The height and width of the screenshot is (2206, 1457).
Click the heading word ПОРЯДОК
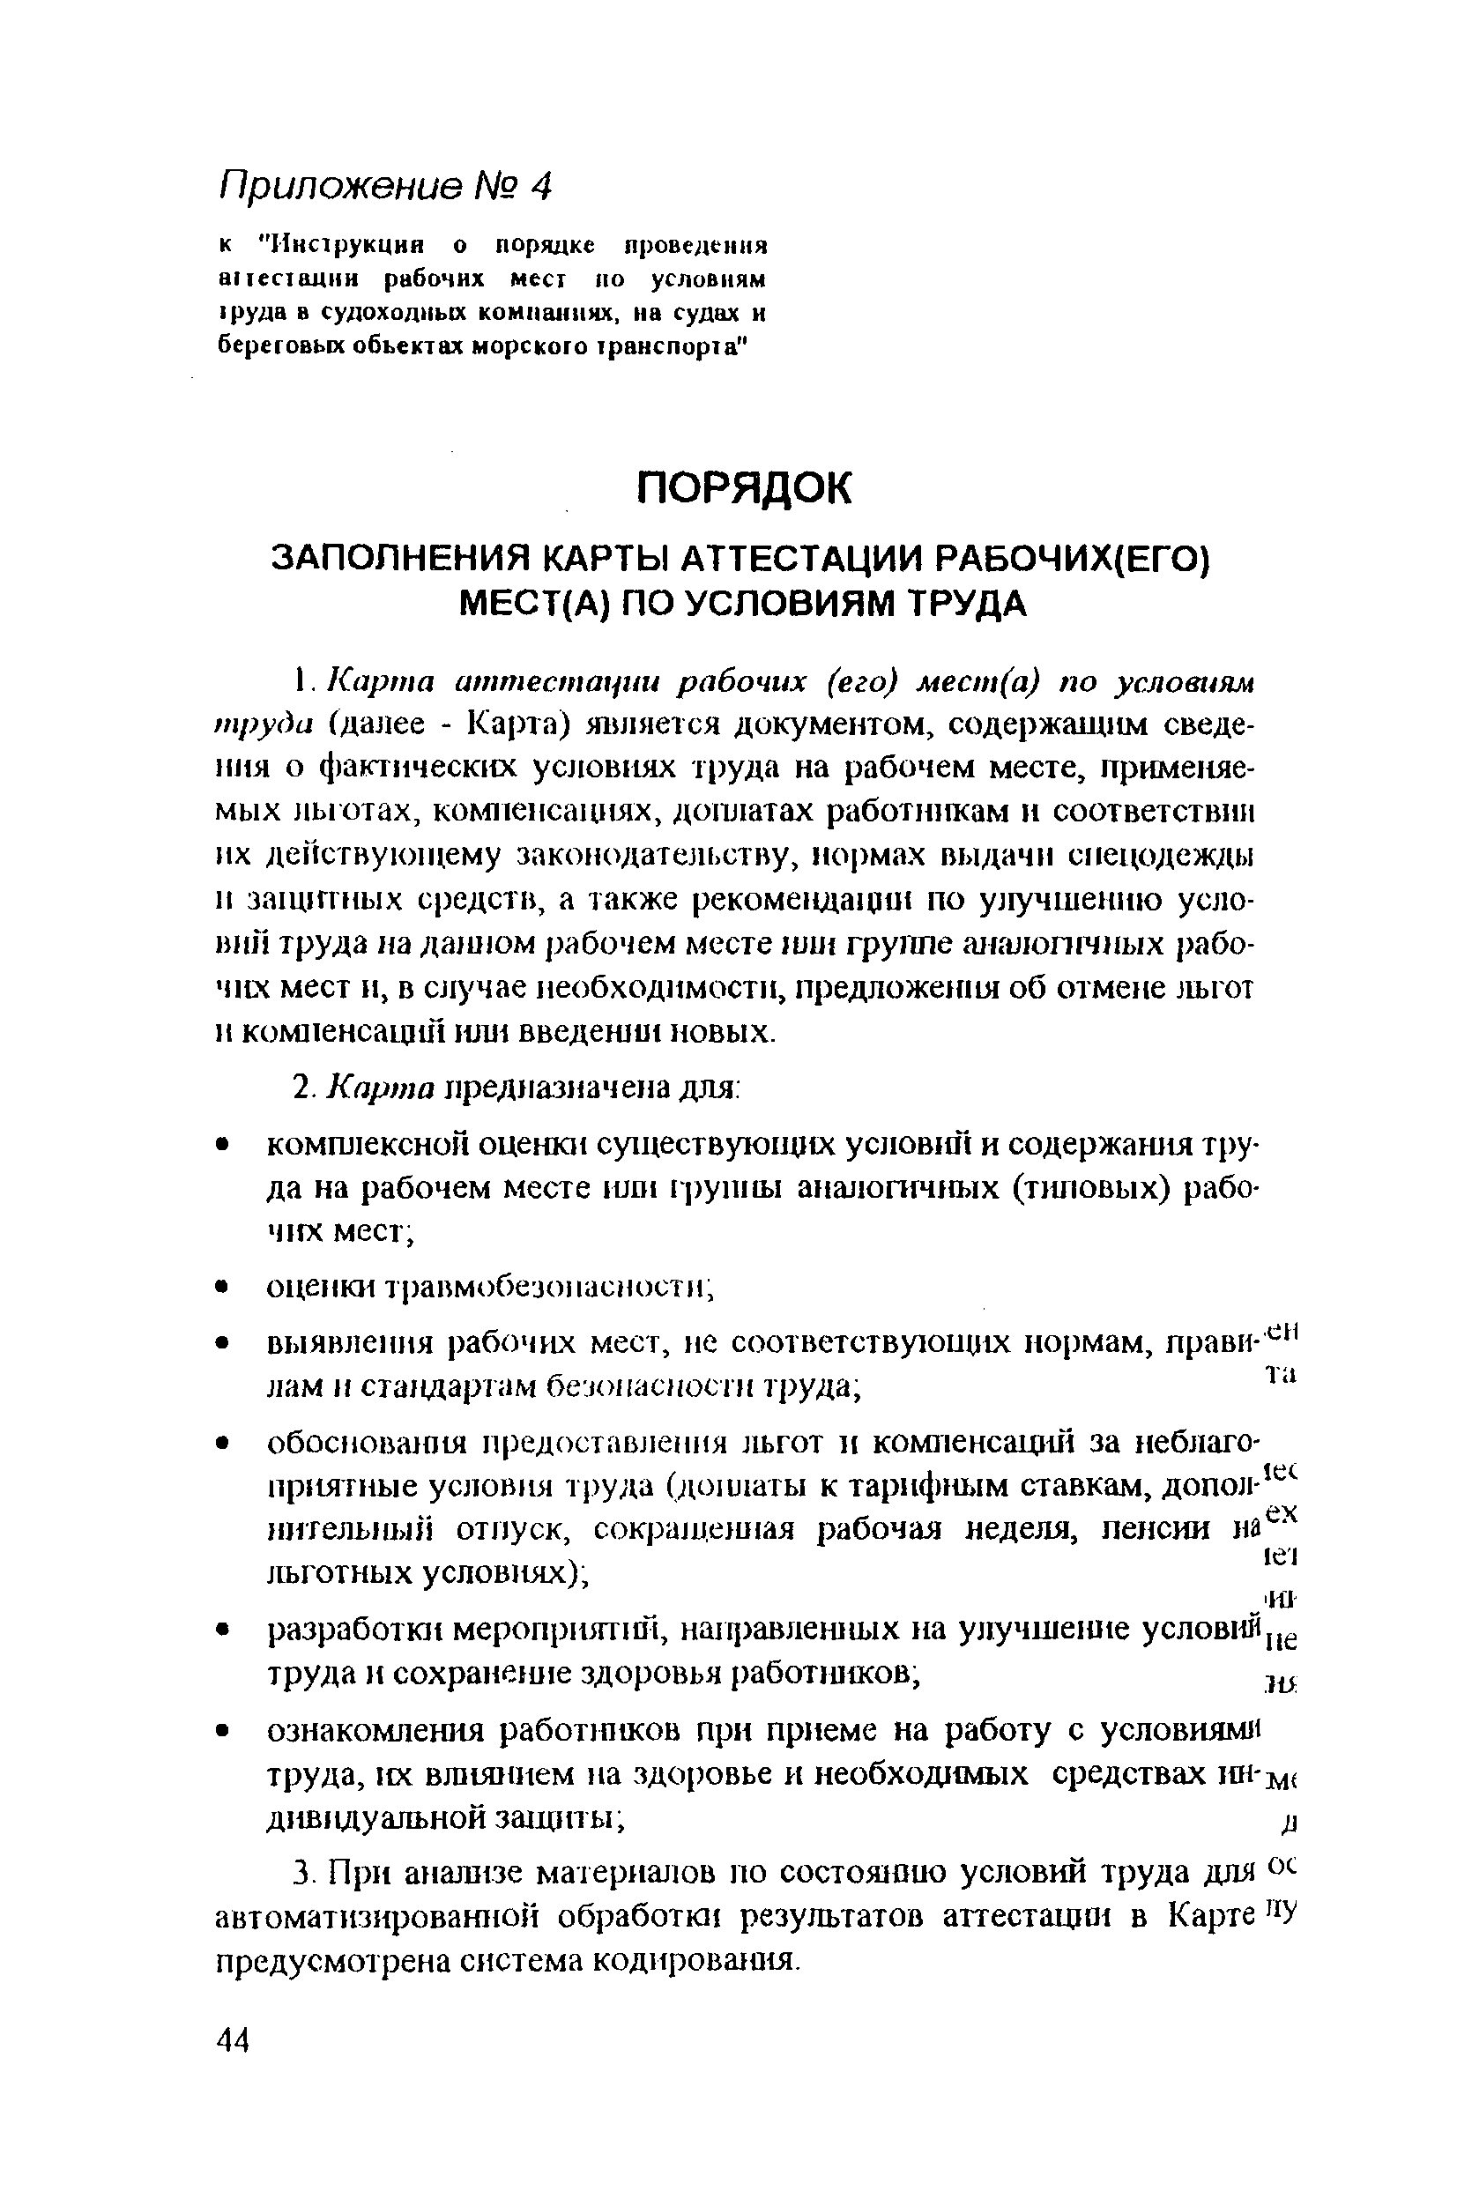[x=742, y=487]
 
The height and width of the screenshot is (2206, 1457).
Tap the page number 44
[x=233, y=2040]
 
